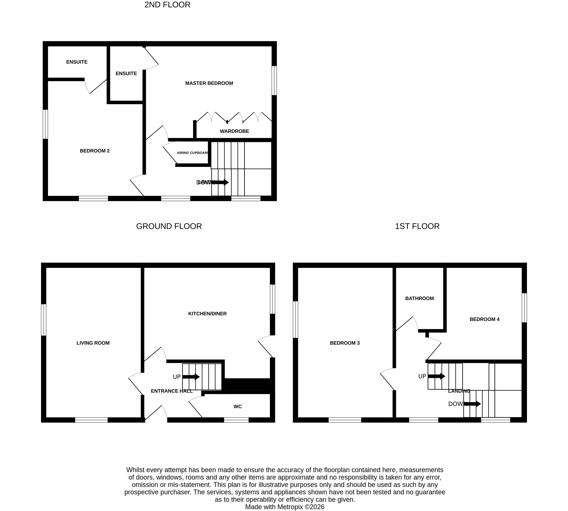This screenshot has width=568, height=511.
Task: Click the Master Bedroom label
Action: click(x=209, y=83)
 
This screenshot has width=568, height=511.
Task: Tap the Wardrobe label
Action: click(x=234, y=131)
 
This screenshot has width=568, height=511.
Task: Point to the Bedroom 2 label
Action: click(x=95, y=151)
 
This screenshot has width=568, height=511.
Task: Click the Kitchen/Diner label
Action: click(x=207, y=314)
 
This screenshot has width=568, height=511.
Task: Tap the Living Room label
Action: click(x=93, y=343)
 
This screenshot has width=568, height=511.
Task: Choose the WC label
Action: click(x=237, y=407)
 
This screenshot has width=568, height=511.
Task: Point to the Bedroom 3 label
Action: click(x=345, y=343)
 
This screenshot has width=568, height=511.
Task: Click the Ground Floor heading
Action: click(x=169, y=226)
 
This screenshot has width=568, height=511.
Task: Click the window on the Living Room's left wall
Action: click(x=44, y=320)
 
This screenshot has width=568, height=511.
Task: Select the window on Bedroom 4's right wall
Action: click(x=524, y=308)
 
